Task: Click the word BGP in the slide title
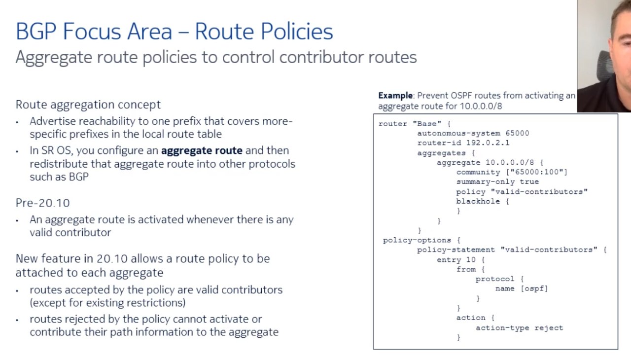(36, 31)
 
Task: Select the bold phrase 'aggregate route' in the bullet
(202, 151)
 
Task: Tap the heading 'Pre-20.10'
(42, 203)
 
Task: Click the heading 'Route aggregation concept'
(88, 105)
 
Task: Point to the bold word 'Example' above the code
(395, 96)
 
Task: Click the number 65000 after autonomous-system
(517, 133)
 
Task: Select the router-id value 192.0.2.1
(488, 143)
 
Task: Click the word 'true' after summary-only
(529, 182)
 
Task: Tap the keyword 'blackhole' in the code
(478, 201)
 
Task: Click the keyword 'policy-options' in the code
(417, 240)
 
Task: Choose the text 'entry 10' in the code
(456, 260)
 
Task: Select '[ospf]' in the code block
(534, 288)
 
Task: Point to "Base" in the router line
(427, 124)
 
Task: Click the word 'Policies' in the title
(297, 31)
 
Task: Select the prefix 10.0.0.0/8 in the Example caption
(481, 107)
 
